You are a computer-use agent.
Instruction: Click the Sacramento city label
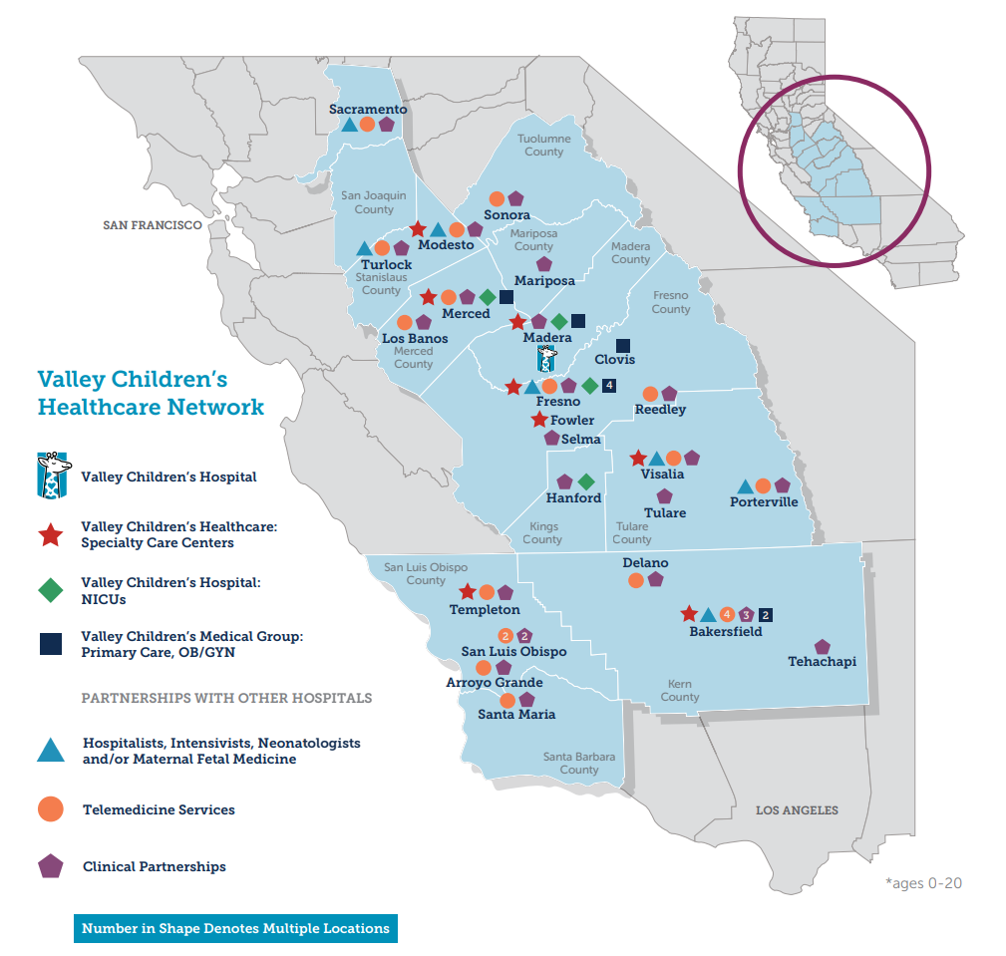pos(369,108)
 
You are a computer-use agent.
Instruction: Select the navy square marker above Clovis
pos(624,345)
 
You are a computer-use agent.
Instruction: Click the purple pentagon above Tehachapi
pos(823,647)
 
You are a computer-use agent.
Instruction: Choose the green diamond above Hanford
pos(585,482)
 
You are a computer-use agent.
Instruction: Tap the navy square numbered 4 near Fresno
pos(609,386)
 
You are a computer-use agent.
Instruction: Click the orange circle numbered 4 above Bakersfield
pos(727,614)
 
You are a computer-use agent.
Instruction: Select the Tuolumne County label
pos(544,146)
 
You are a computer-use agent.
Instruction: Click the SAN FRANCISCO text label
pos(153,225)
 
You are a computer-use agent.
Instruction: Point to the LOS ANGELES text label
pos(797,810)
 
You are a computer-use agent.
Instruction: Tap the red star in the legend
pos(51,535)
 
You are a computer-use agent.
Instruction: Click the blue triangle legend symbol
pos(51,750)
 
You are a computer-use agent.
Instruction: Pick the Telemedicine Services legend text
pos(159,809)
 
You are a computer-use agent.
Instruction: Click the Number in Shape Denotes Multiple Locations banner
pos(235,928)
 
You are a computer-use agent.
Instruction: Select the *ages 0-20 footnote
pos(923,883)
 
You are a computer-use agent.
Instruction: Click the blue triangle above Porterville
pos(744,486)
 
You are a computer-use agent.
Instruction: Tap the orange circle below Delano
pos(636,580)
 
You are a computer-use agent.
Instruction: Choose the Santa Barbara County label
pos(579,763)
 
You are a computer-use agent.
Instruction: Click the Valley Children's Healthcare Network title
pos(151,393)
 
